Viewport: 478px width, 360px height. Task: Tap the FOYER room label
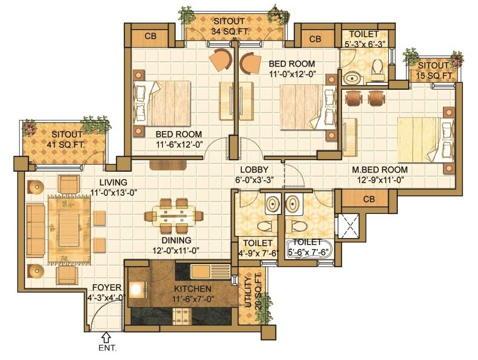106,288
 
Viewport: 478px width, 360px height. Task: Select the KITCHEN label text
193,289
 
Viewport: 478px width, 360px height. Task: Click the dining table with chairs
174,216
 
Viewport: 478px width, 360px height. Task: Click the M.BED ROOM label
379,170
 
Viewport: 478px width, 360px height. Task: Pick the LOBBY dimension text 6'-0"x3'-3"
254,179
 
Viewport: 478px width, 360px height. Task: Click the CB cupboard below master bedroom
369,199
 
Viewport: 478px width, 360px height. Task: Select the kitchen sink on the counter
213,271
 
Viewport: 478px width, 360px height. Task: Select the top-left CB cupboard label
150,36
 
